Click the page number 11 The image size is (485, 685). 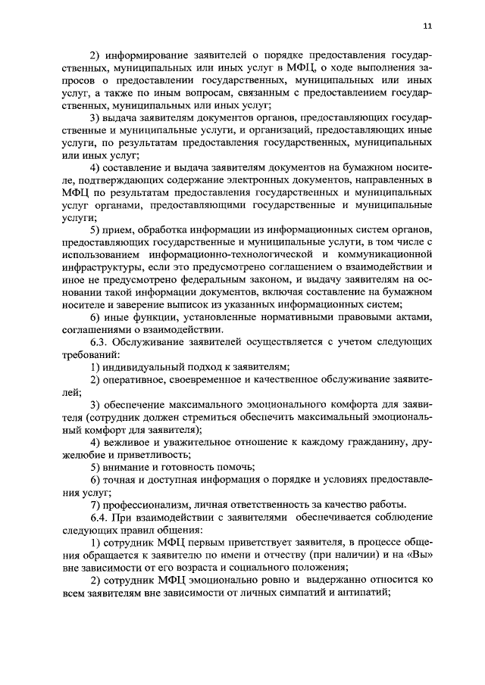pyautogui.click(x=427, y=26)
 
